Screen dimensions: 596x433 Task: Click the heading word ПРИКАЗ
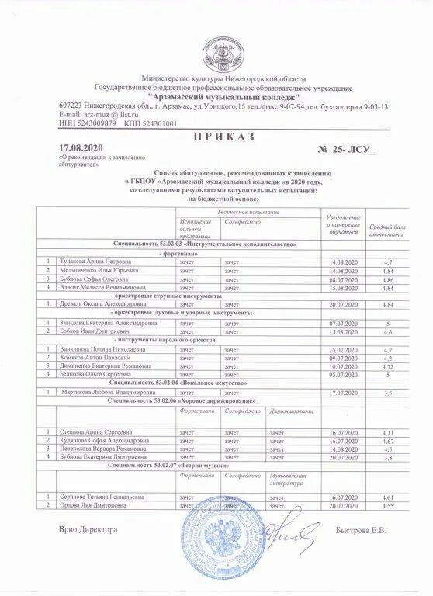coord(216,136)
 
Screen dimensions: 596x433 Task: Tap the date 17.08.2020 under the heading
coord(81,147)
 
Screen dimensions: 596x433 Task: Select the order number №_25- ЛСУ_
coord(347,147)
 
